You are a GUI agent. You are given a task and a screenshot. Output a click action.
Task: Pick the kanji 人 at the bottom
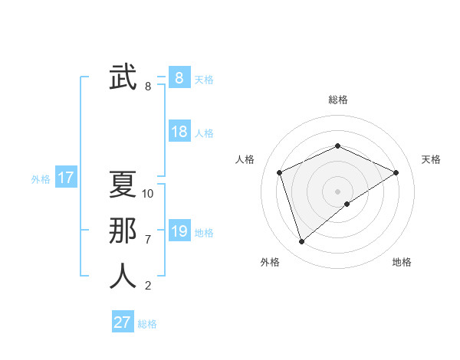tap(123, 276)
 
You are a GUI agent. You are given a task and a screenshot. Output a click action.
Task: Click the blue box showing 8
tap(179, 78)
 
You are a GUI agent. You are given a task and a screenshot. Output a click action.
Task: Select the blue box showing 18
tap(179, 132)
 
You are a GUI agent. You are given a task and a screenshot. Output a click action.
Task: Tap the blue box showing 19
tap(179, 231)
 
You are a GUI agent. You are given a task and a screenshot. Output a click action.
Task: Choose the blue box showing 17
tap(66, 178)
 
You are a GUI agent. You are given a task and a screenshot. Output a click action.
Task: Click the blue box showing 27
tap(122, 322)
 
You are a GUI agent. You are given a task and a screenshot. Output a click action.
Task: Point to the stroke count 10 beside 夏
tap(148, 194)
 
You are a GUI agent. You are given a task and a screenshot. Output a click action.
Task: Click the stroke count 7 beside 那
tap(148, 240)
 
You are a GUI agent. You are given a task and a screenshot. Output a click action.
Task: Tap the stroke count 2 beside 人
tap(148, 286)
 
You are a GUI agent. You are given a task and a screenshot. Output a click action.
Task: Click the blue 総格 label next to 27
tap(147, 324)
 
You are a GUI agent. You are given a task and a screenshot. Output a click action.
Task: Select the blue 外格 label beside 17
tap(41, 179)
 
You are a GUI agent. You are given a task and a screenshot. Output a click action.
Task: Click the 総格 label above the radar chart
tap(338, 100)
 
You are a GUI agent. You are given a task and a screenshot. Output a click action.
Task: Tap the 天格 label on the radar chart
tap(431, 159)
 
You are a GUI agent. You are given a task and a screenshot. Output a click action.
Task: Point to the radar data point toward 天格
tap(396, 172)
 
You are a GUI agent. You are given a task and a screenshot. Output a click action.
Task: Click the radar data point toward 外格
tap(301, 242)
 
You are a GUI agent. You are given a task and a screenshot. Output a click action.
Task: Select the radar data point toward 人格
tap(280, 172)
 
